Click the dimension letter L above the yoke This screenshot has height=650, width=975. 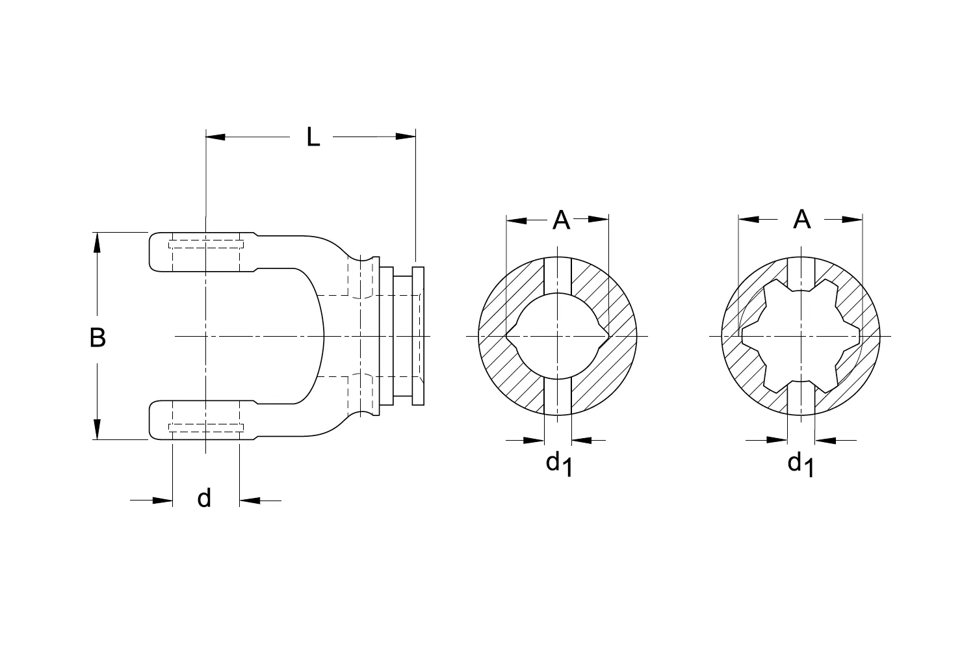(313, 137)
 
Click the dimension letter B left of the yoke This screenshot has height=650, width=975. (97, 337)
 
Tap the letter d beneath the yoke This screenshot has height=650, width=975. (204, 499)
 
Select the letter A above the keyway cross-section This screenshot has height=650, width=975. (561, 220)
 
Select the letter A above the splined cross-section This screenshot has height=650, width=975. (802, 220)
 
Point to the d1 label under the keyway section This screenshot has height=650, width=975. (558, 464)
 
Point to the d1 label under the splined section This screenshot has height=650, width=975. (800, 464)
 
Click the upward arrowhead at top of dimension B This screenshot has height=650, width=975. (97, 242)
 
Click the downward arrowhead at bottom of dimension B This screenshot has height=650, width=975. (97, 429)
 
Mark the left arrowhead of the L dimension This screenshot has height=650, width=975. (215, 136)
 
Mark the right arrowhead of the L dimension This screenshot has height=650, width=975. (405, 136)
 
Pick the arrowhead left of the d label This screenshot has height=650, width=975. (162, 500)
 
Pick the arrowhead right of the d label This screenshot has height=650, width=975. (250, 500)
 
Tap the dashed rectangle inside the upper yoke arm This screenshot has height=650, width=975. (205, 245)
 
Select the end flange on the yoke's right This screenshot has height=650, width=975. (418, 336)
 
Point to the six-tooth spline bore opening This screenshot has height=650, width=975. (801, 336)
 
